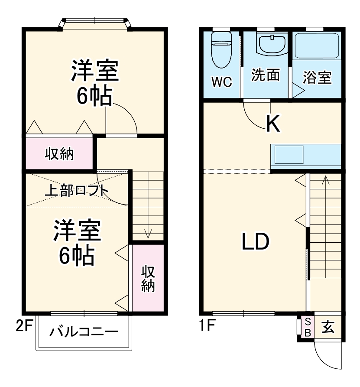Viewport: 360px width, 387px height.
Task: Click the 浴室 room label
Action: [x=317, y=78]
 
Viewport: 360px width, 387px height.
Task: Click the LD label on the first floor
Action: [x=256, y=242]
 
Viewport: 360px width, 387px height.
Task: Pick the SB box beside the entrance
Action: [x=307, y=327]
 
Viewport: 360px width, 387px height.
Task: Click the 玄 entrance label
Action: [x=328, y=327]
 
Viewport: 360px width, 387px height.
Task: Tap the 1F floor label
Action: [x=208, y=325]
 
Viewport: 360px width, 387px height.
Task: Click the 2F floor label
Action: [x=24, y=325]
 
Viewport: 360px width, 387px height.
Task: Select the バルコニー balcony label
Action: [x=83, y=333]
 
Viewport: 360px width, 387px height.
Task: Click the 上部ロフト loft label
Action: [x=77, y=191]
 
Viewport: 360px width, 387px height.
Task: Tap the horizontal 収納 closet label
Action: [x=59, y=153]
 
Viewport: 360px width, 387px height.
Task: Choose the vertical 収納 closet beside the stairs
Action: [x=148, y=278]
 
